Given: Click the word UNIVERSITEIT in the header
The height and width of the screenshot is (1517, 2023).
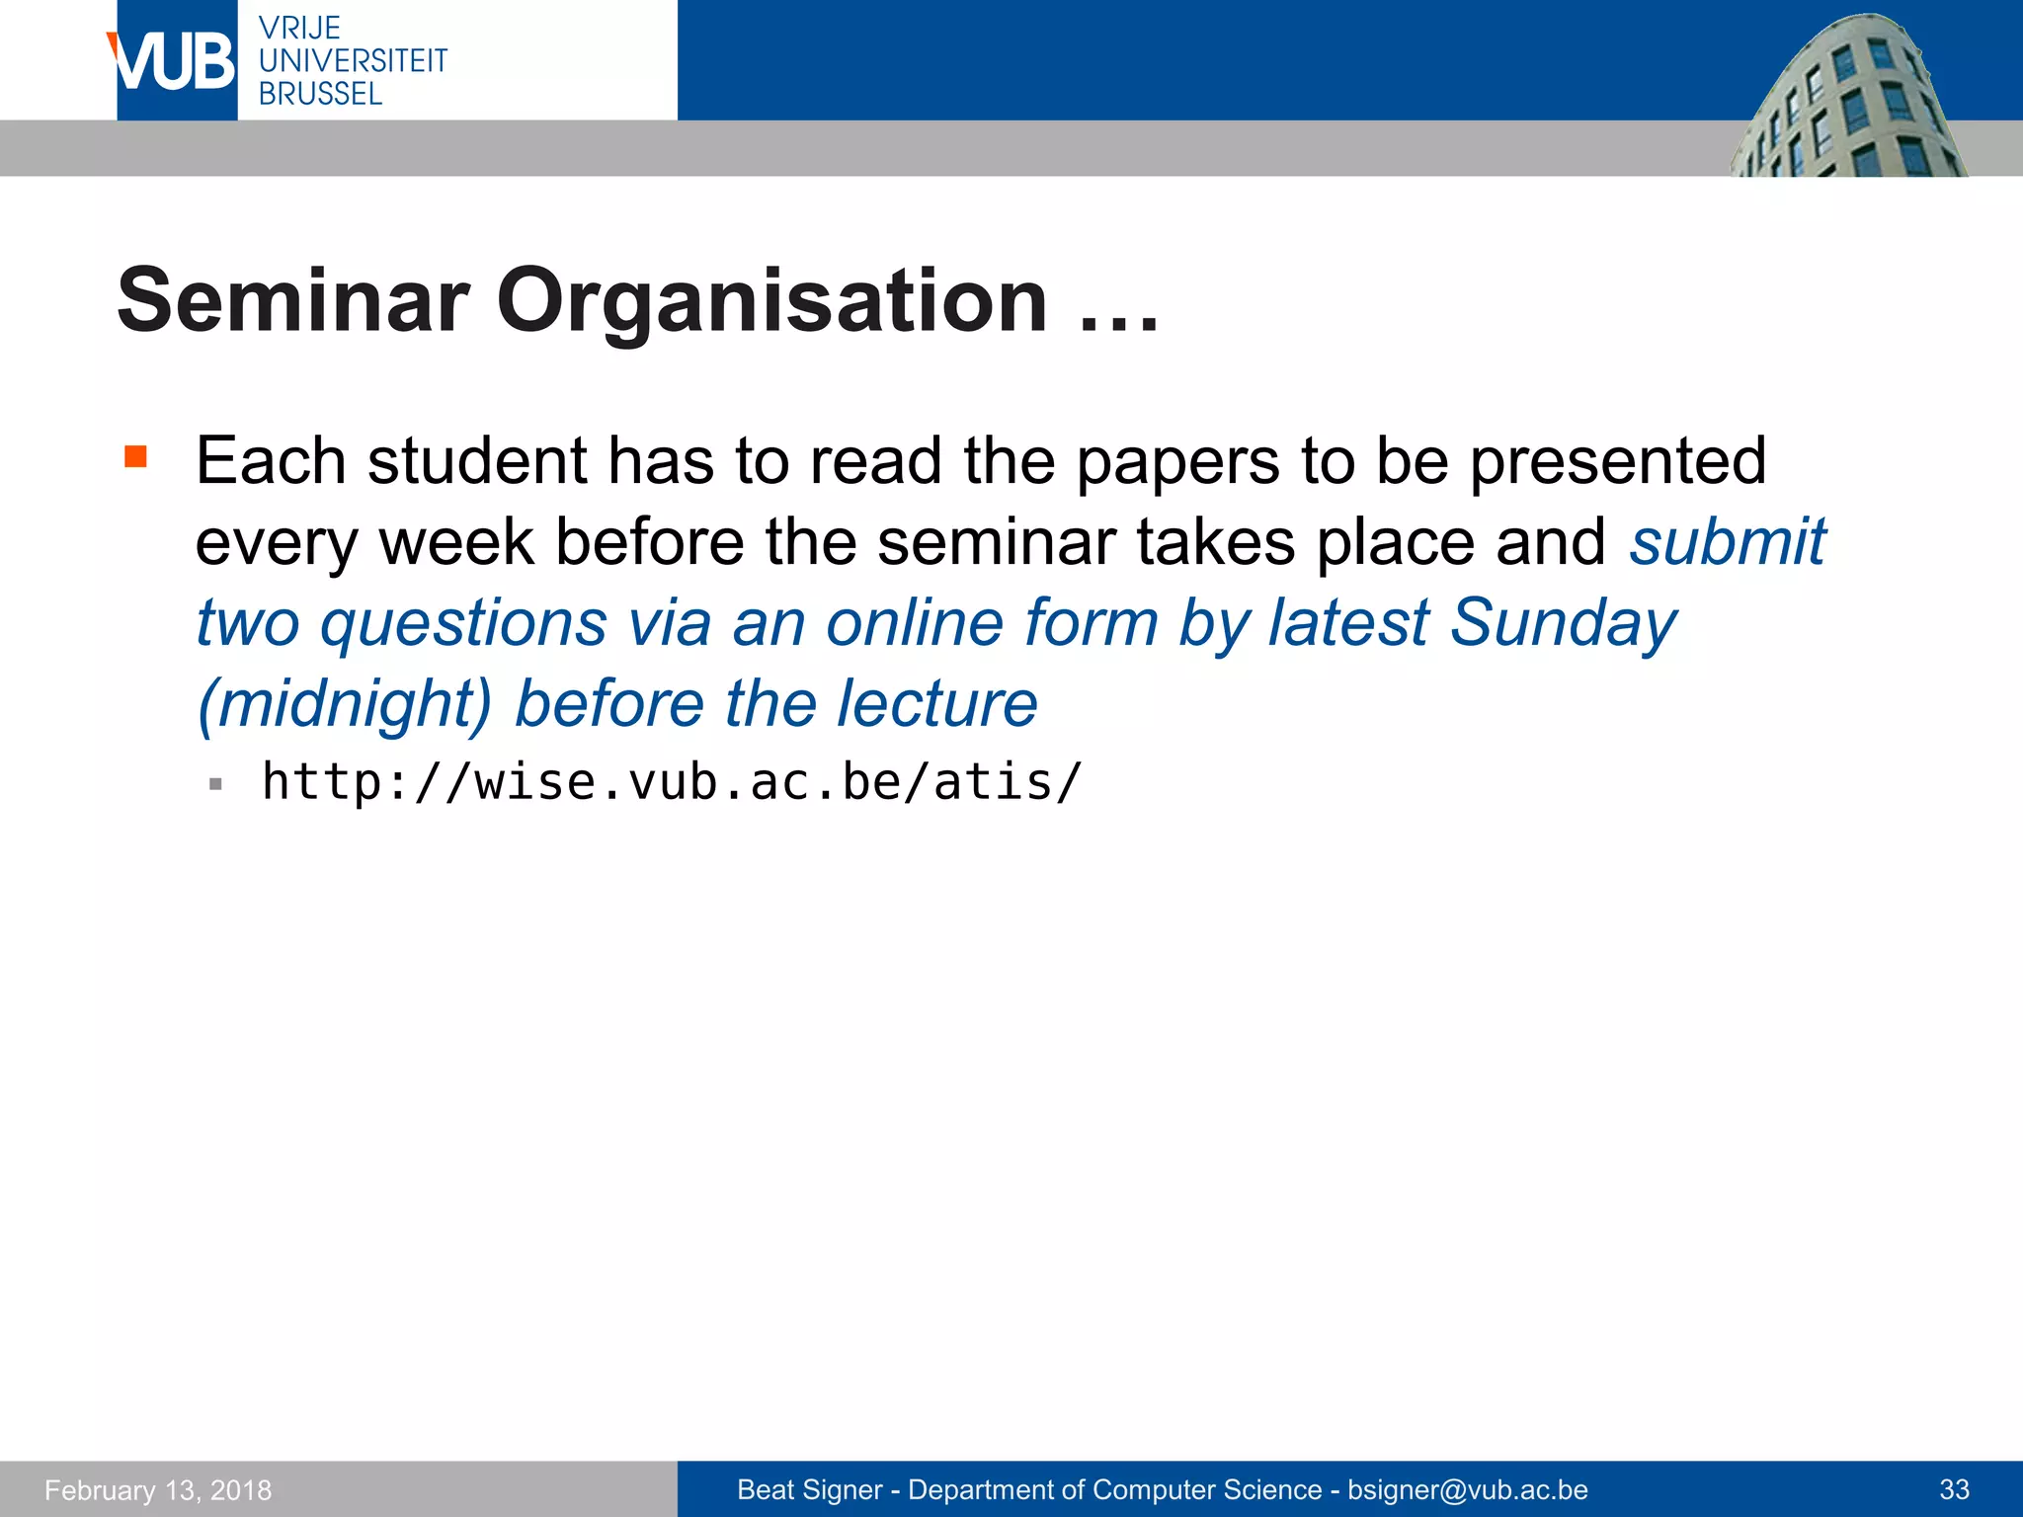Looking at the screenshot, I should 353,61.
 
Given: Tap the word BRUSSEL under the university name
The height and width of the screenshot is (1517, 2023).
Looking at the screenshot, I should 320,94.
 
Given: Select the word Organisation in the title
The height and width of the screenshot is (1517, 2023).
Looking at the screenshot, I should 770,300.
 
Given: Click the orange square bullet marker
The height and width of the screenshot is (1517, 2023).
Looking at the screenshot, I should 135,456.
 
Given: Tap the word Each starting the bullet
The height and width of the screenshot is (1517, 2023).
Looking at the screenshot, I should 271,460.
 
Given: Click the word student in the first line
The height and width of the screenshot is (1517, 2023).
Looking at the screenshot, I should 478,460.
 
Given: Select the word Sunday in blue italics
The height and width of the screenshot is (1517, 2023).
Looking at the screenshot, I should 1563,623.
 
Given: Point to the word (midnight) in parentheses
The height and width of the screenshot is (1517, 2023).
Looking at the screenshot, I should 344,704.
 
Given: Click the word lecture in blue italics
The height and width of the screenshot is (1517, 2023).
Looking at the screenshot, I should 936,704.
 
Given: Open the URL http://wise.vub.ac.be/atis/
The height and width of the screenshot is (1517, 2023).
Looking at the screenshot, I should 672,782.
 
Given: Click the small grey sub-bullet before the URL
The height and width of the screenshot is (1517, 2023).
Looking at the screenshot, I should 216,785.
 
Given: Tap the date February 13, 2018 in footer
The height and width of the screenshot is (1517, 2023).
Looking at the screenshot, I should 158,1489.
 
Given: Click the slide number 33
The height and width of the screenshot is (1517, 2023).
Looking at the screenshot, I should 1954,1489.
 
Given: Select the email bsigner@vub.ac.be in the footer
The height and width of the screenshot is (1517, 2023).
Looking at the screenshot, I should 1467,1489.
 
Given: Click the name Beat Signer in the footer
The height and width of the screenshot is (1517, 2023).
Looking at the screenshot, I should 809,1489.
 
